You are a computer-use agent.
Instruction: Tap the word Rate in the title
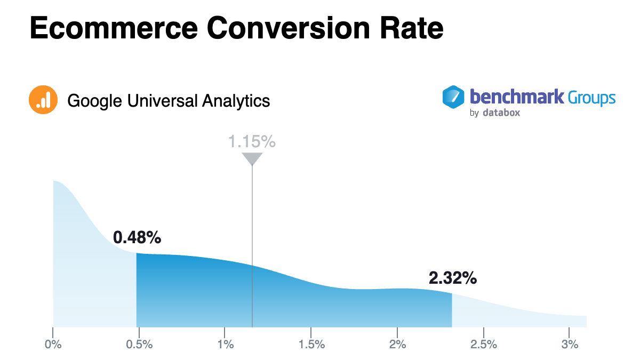[x=411, y=28]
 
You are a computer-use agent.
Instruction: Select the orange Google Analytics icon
[x=43, y=100]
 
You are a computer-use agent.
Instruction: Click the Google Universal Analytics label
[x=169, y=100]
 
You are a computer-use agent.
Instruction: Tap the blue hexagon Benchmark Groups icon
[x=454, y=98]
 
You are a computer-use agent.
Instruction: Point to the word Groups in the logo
[x=591, y=98]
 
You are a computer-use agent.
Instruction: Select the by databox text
[x=494, y=113]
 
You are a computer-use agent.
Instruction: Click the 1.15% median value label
[x=252, y=142]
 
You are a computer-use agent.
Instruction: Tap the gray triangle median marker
[x=252, y=158]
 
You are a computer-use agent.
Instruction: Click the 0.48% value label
[x=137, y=237]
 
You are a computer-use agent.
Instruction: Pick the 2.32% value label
[x=453, y=278]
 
